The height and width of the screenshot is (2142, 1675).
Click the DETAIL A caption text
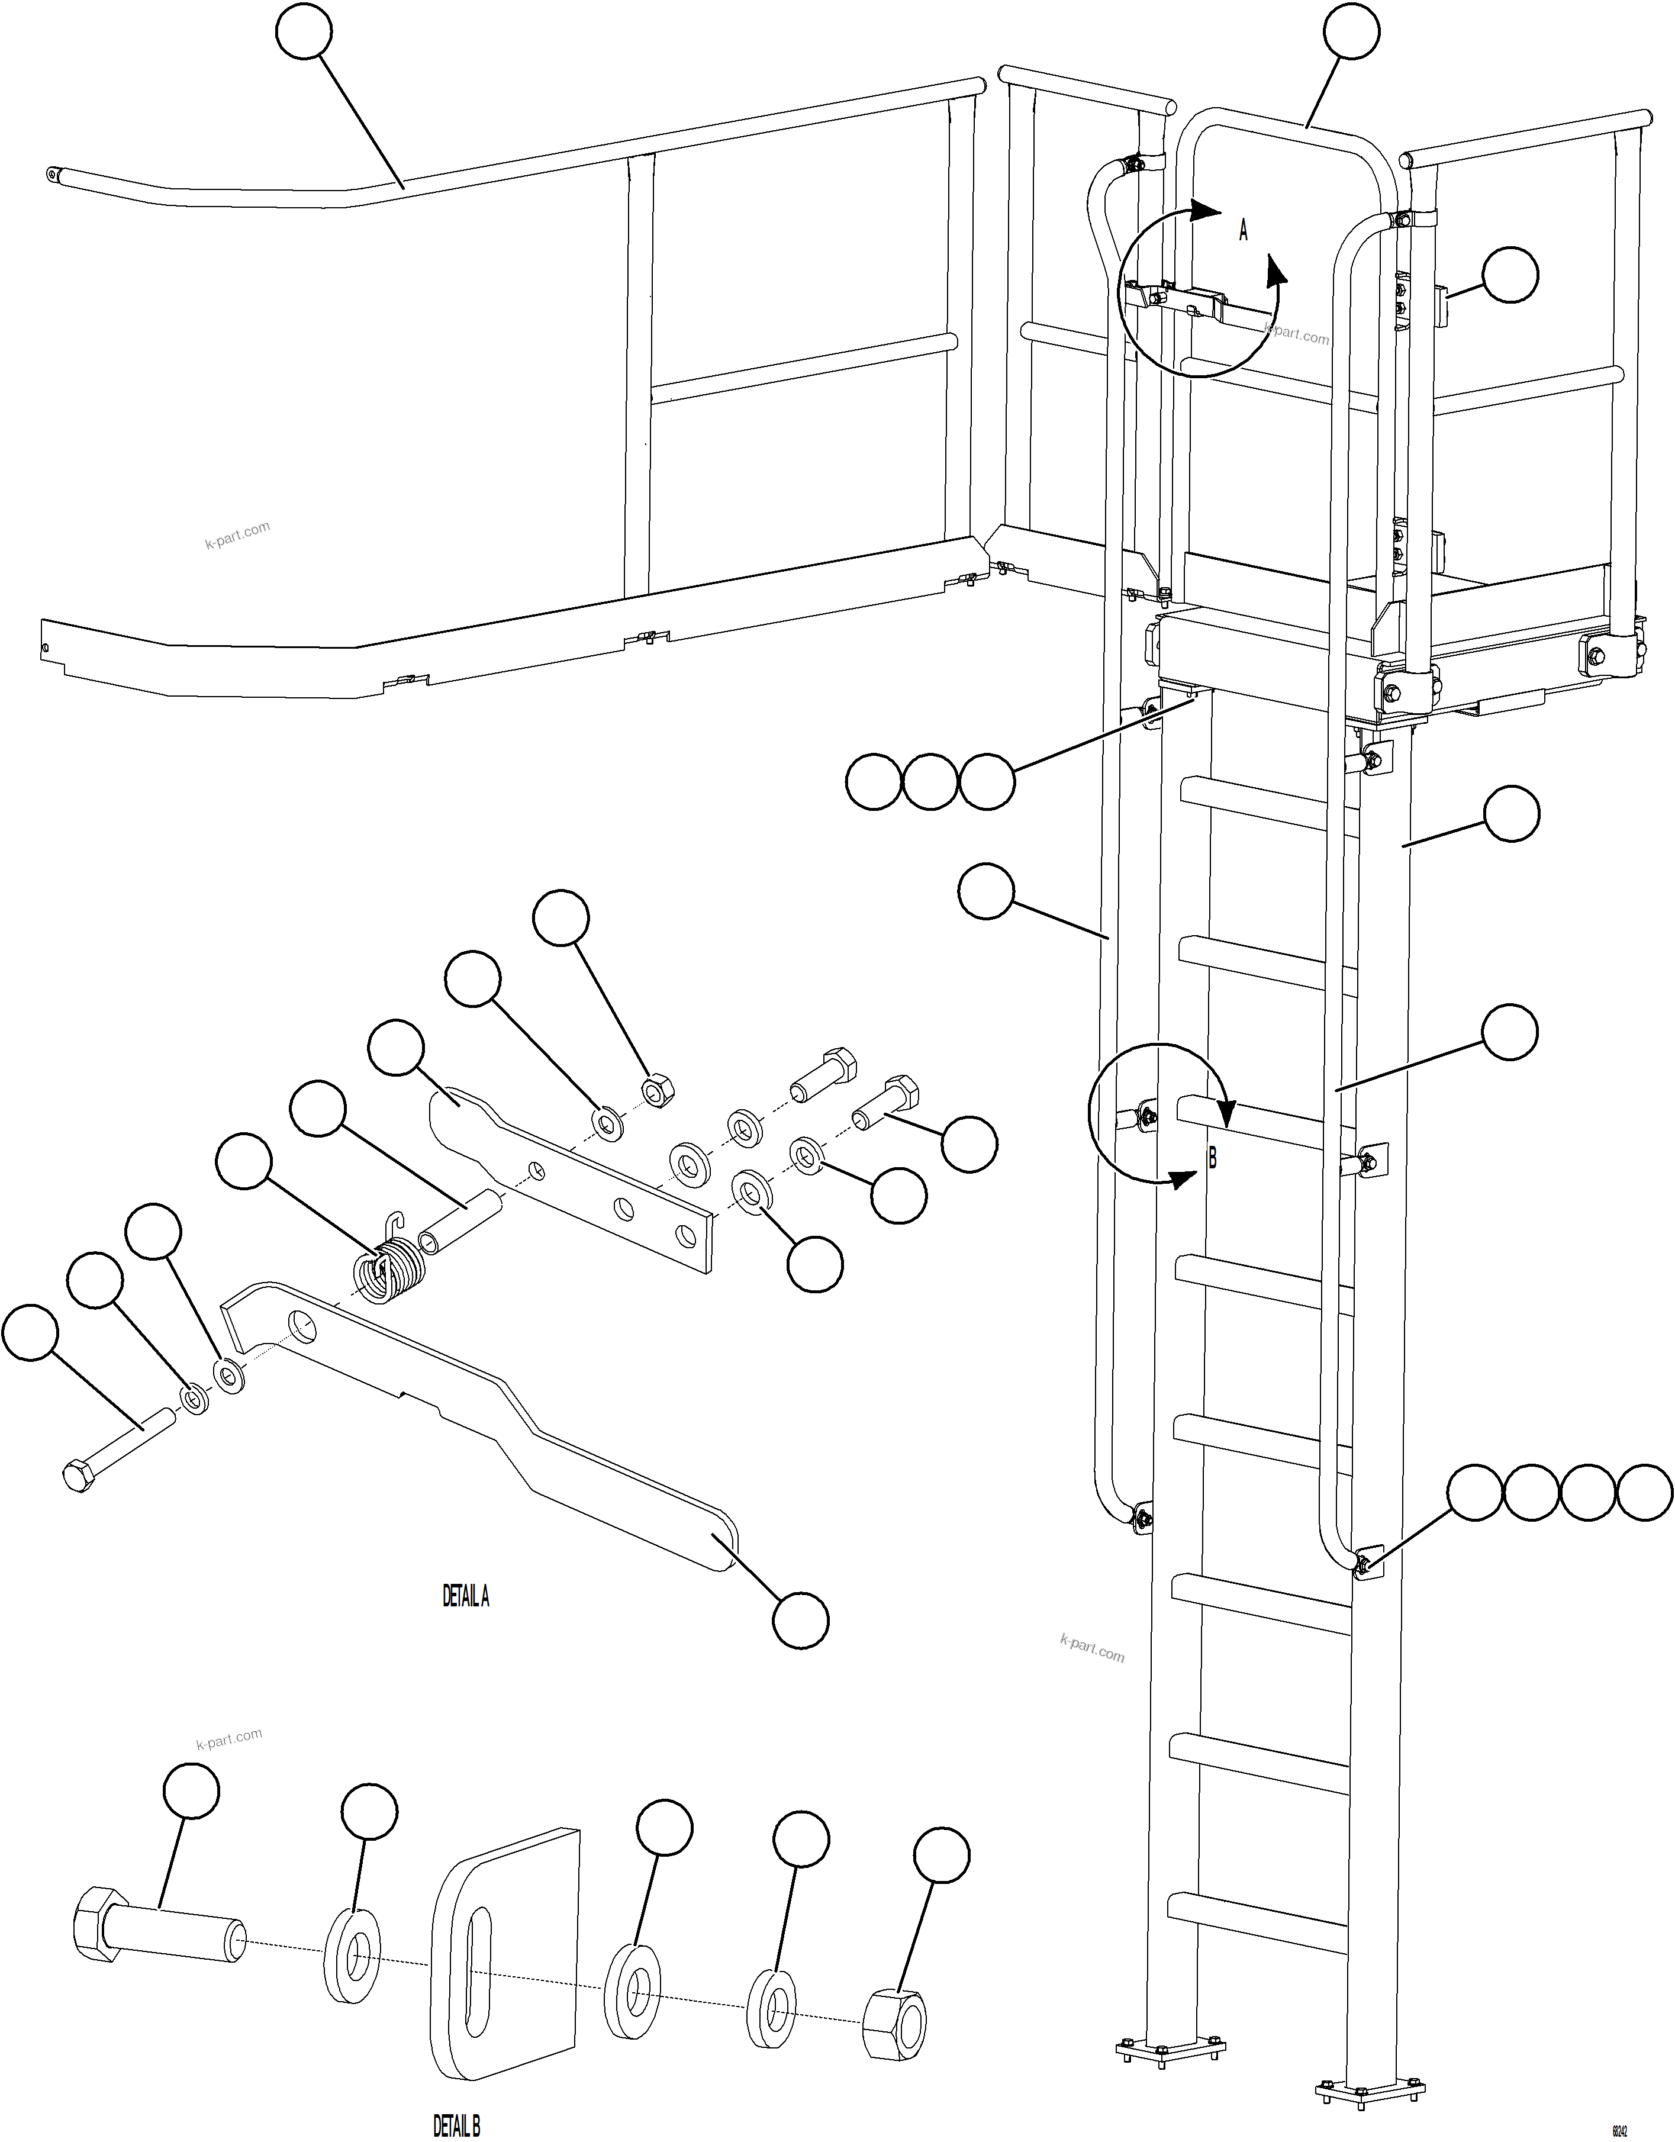466,1597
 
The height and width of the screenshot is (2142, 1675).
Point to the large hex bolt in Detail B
157,1935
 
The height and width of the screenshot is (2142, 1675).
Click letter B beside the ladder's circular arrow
1212,1158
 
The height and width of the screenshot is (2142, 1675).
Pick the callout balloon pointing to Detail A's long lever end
800,1620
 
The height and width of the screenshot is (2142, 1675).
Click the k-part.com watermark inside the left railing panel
237,536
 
